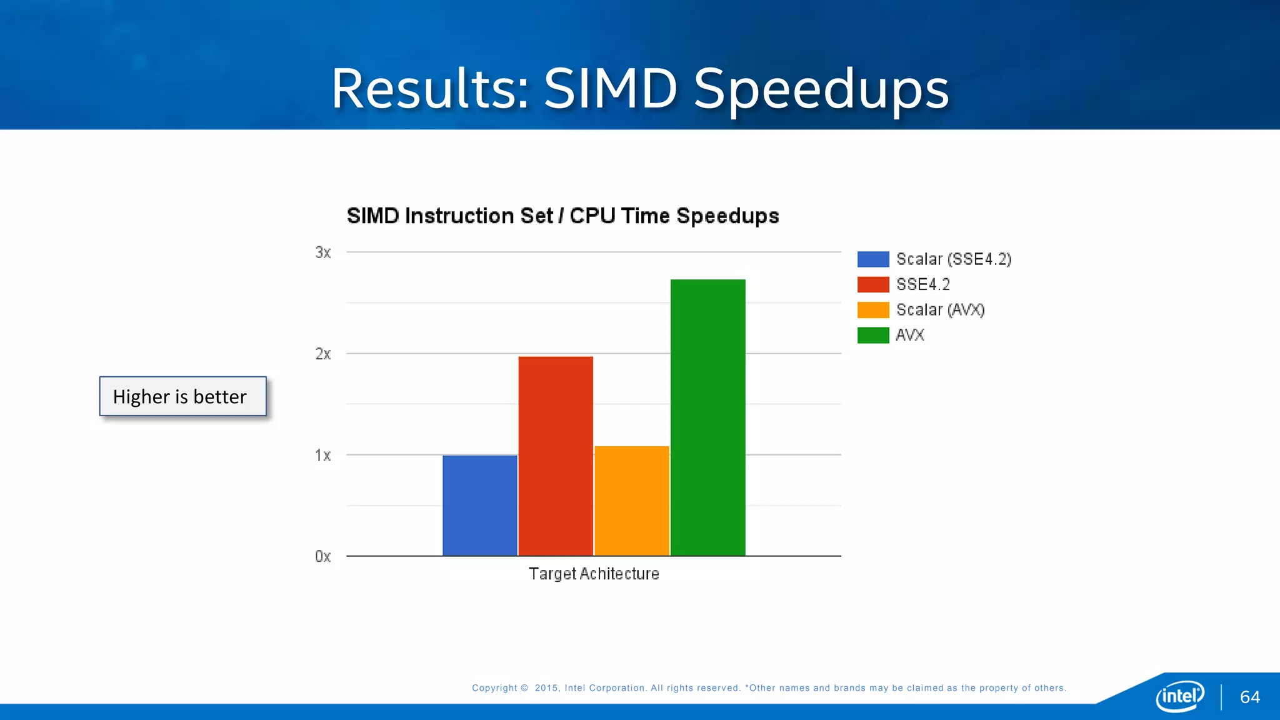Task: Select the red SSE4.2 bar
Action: click(555, 456)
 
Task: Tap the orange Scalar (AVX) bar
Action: click(631, 500)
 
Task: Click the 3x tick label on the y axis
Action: click(322, 252)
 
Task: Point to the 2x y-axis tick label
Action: click(322, 354)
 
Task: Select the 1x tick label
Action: click(322, 455)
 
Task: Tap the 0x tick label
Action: click(322, 556)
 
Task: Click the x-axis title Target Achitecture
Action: click(594, 574)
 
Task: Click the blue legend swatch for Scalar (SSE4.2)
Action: click(872, 259)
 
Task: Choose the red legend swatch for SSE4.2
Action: click(872, 284)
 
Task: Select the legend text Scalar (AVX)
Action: click(940, 310)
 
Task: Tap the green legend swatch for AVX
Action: click(872, 335)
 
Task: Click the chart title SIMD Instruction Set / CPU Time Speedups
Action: click(562, 216)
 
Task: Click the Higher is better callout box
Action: click(182, 396)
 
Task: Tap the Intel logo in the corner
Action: click(1179, 696)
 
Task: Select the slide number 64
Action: click(1249, 697)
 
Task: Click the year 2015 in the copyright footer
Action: click(546, 688)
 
